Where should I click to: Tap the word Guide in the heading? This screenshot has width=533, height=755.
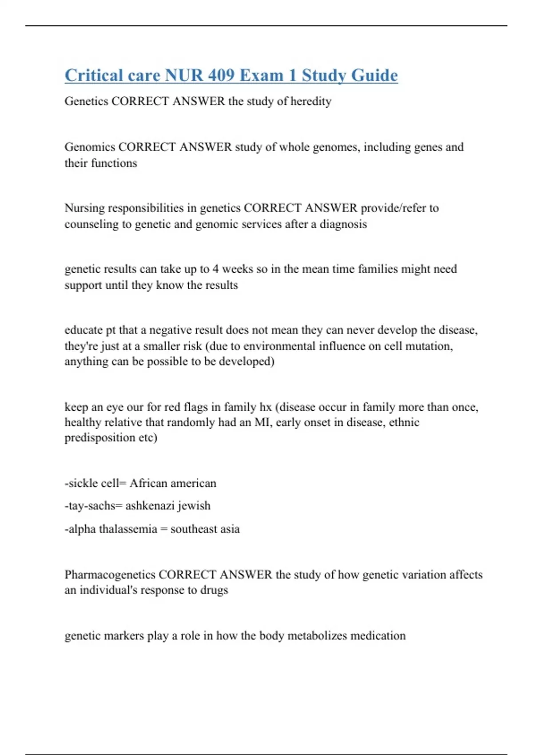[374, 75]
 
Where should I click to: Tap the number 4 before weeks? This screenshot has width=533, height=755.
[215, 269]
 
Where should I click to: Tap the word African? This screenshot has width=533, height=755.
[149, 483]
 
